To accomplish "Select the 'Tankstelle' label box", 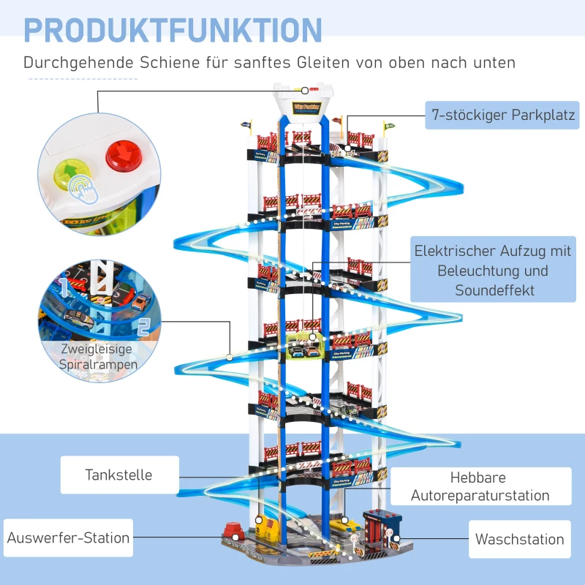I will click(118, 475).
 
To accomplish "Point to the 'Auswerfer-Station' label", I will click(68, 538).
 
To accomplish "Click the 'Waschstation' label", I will click(519, 540).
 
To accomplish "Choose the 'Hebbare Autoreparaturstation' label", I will click(480, 487).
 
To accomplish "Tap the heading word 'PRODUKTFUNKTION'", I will click(173, 30).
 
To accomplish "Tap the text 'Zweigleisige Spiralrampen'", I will click(99, 356).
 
